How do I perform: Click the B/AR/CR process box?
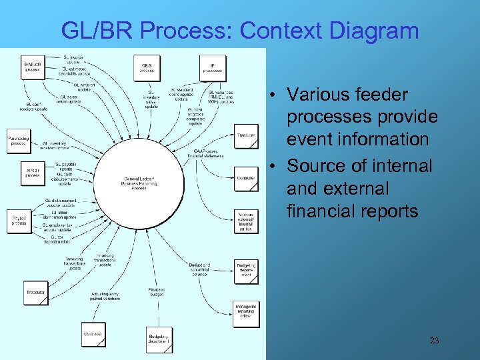[x=32, y=66]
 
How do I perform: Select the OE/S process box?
[x=147, y=67]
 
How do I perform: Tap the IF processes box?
[x=212, y=67]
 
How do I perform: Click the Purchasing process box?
[x=19, y=141]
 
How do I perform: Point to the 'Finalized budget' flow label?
[x=157, y=291]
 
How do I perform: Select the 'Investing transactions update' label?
[x=75, y=263]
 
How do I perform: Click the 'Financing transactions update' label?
[x=105, y=259]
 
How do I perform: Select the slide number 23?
[x=434, y=341]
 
